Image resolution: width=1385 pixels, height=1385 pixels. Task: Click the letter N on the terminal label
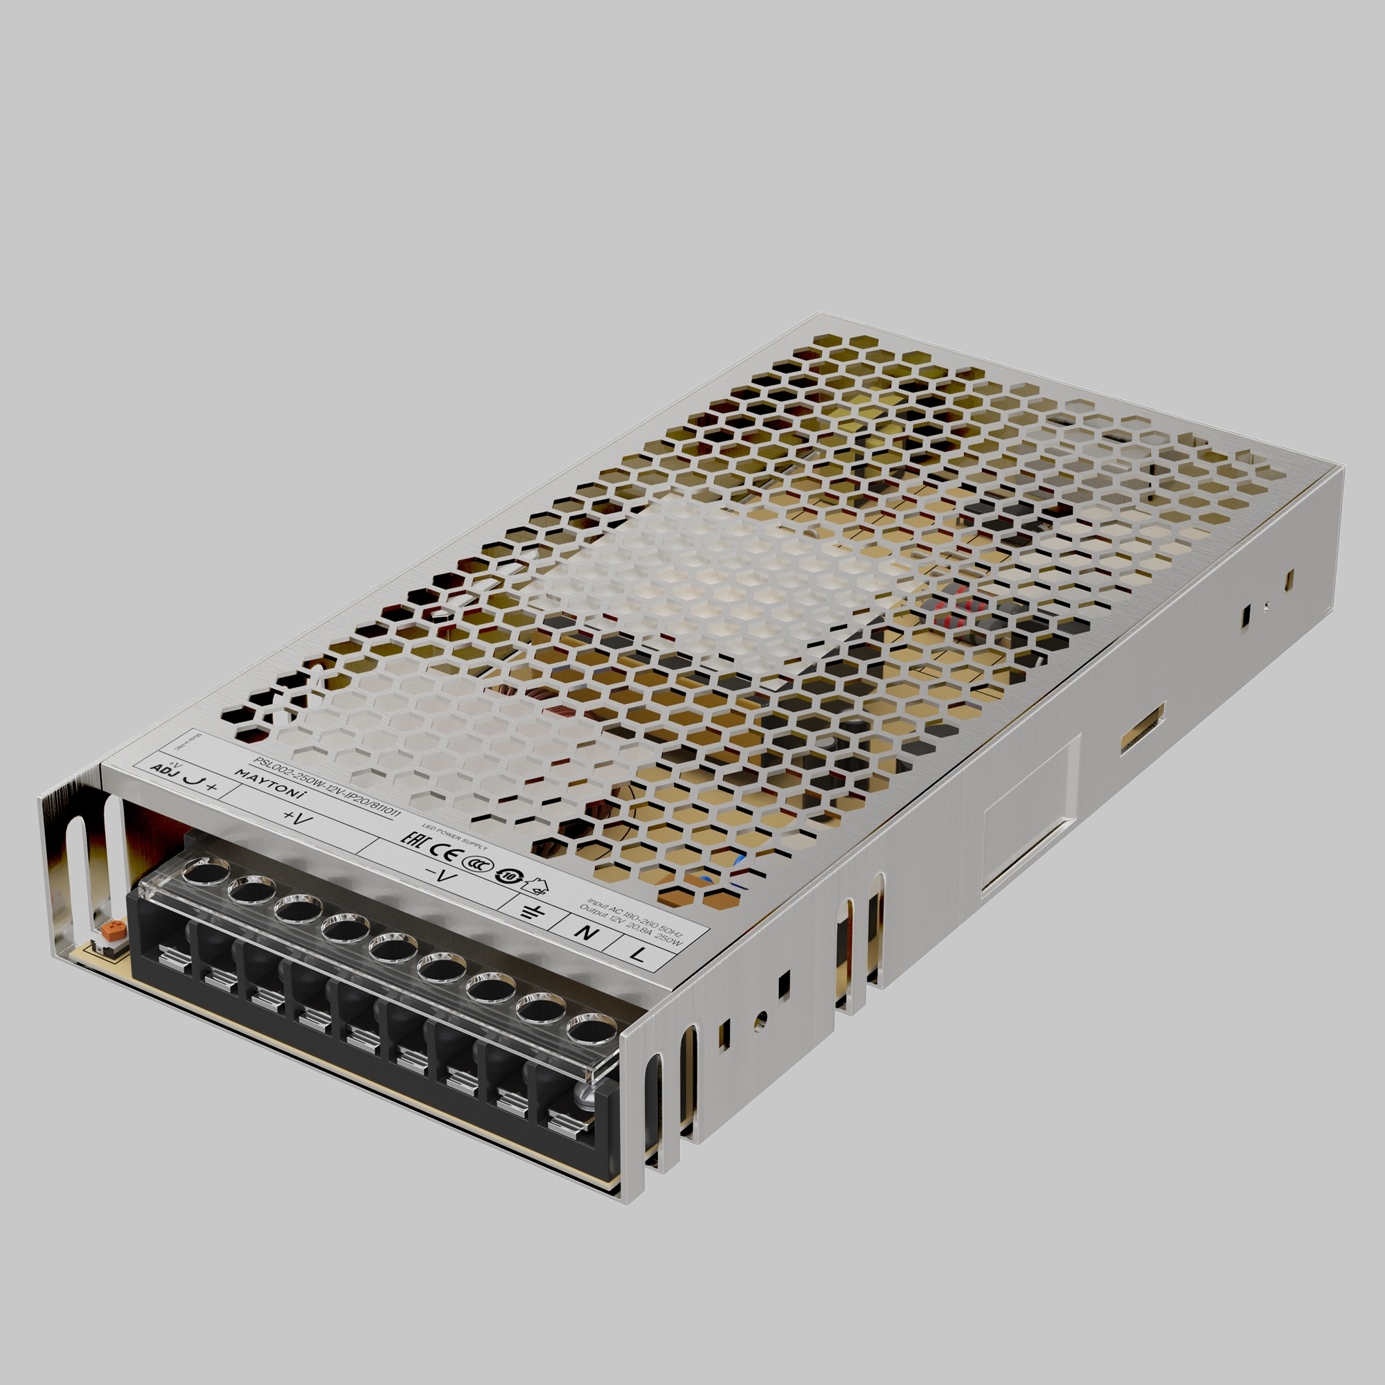pyautogui.click(x=587, y=933)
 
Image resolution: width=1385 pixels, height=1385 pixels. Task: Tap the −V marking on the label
pyautogui.click(x=440, y=875)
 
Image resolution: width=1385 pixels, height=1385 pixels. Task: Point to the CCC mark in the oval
pyautogui.click(x=473, y=864)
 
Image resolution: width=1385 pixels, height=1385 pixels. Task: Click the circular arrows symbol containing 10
pyautogui.click(x=506, y=876)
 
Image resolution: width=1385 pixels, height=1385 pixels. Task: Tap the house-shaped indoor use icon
pyautogui.click(x=535, y=886)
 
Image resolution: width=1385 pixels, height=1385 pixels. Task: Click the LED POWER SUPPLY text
pyautogui.click(x=454, y=837)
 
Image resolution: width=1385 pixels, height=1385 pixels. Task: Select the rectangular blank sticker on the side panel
pyautogui.click(x=1030, y=816)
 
